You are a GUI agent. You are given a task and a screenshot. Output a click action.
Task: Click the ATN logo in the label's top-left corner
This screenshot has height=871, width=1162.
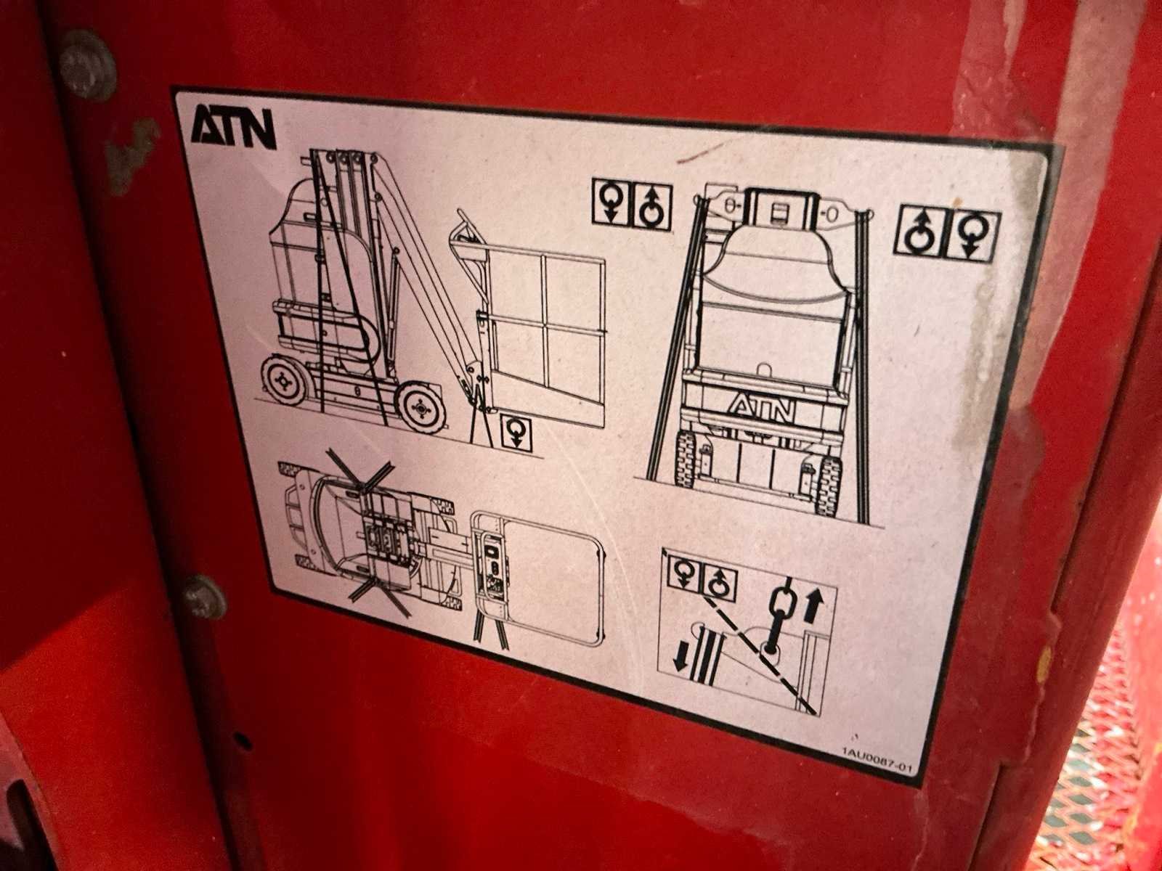click(233, 128)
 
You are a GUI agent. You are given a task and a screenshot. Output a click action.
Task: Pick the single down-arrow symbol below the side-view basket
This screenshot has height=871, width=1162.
click(516, 433)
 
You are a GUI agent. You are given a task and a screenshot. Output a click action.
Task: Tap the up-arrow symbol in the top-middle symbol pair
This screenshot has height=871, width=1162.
click(652, 208)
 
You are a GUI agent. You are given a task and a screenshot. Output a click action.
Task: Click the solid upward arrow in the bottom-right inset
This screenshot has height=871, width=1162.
click(813, 605)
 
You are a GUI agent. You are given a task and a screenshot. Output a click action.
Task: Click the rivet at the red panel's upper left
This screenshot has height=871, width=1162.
click(87, 65)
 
